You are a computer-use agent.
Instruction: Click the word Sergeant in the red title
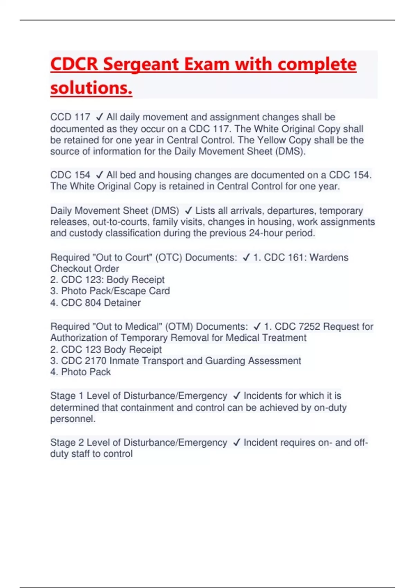(x=140, y=64)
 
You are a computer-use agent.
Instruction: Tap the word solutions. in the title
(x=91, y=88)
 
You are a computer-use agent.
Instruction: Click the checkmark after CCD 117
(x=99, y=117)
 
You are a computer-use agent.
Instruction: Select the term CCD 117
(x=70, y=117)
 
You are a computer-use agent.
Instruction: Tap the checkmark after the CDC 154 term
(x=99, y=175)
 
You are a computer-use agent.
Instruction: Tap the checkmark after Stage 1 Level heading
(x=237, y=396)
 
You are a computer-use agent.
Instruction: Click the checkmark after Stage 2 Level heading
(x=237, y=443)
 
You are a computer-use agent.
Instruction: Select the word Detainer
(x=122, y=303)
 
